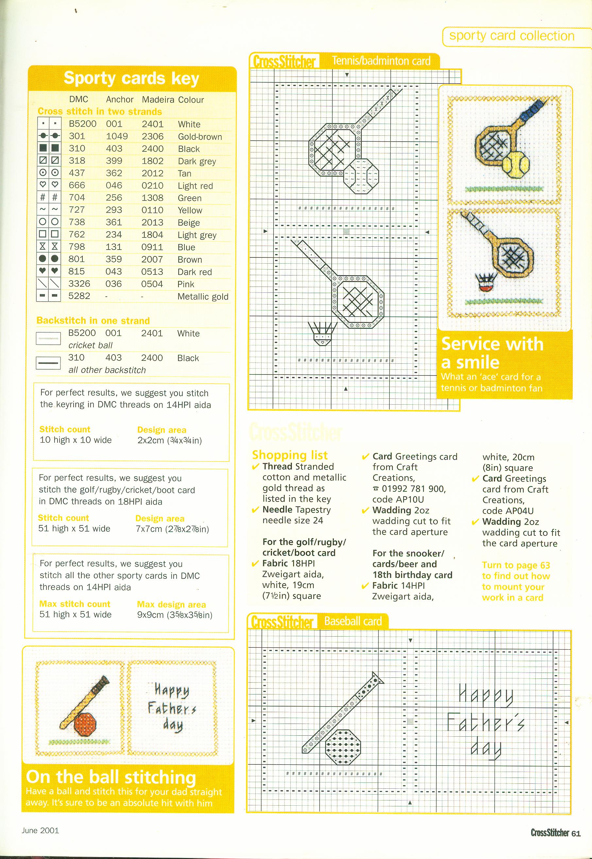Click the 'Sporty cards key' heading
(131, 78)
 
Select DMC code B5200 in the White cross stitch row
(82, 124)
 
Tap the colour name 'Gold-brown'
(199, 137)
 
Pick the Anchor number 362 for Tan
(114, 173)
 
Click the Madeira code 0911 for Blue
(152, 247)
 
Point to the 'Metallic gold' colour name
(203, 297)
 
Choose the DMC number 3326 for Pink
(79, 284)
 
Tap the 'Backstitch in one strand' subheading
(93, 320)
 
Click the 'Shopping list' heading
(290, 455)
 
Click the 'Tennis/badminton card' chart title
(381, 61)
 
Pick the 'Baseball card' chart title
(353, 621)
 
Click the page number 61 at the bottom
(576, 833)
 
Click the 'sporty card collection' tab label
(512, 36)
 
